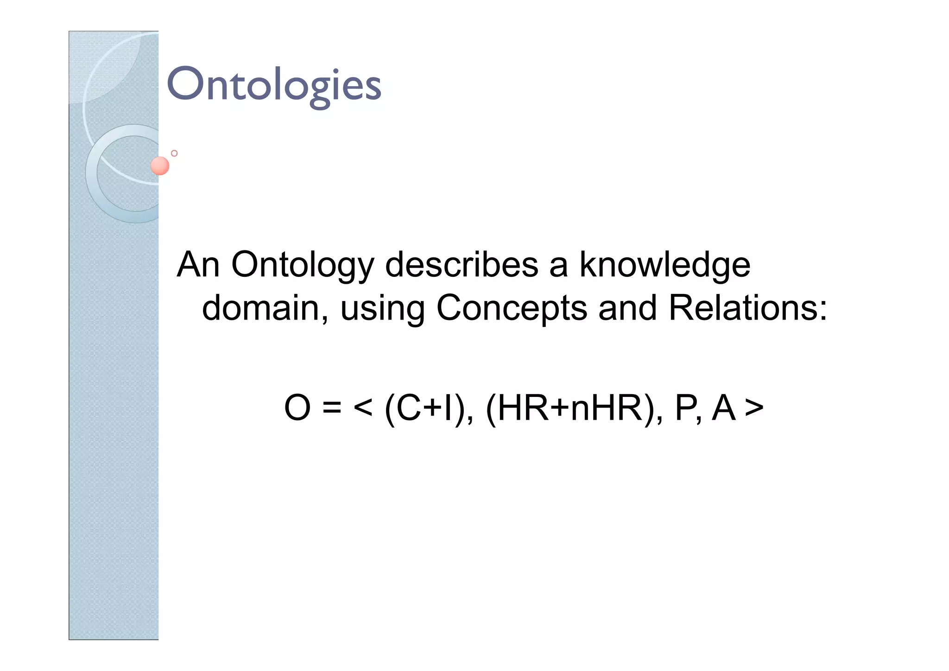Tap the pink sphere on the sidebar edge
coord(160,166)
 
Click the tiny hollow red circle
coord(174,153)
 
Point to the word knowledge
coord(664,266)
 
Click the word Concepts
coord(512,309)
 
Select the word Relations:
coord(747,308)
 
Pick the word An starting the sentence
coord(198,265)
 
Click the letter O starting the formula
coord(297,408)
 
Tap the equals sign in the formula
coord(332,409)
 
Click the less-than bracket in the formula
coord(363,409)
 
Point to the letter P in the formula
coord(686,408)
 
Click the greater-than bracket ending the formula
coord(754,409)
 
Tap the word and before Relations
coord(627,308)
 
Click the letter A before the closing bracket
coord(724,408)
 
